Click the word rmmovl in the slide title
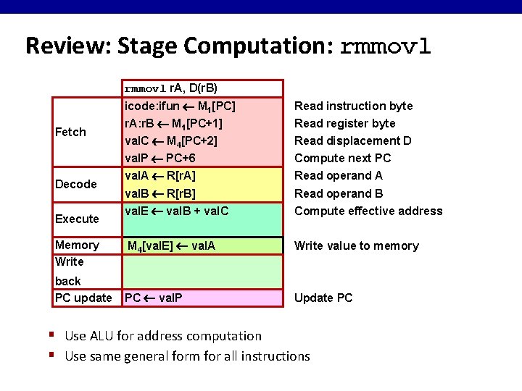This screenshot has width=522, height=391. pos(385,46)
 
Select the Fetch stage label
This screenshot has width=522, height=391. pos(70,132)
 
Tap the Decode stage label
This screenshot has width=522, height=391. pos(75,184)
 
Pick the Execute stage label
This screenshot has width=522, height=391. pos(77,219)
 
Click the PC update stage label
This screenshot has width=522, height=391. pos(83,298)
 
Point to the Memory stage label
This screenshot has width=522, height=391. pos(77,245)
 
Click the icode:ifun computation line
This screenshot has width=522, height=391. pos(180,106)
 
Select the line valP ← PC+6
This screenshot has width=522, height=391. pos(160,158)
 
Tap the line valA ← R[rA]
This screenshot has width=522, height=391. pos(160,175)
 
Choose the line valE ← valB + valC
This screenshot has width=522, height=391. pos(176,211)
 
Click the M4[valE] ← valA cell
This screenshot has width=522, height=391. pos(171,246)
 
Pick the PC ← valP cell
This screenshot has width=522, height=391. pos(154,298)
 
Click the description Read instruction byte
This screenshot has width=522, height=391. pos(353,106)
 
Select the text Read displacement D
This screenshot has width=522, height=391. pos(352,140)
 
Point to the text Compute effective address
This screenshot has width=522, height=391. pos(368,211)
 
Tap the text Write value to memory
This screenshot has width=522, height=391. pos(356,245)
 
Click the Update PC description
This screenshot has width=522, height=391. pos(323,298)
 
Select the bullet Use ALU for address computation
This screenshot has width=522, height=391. pos(163,335)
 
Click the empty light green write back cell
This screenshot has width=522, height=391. pos(202,272)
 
